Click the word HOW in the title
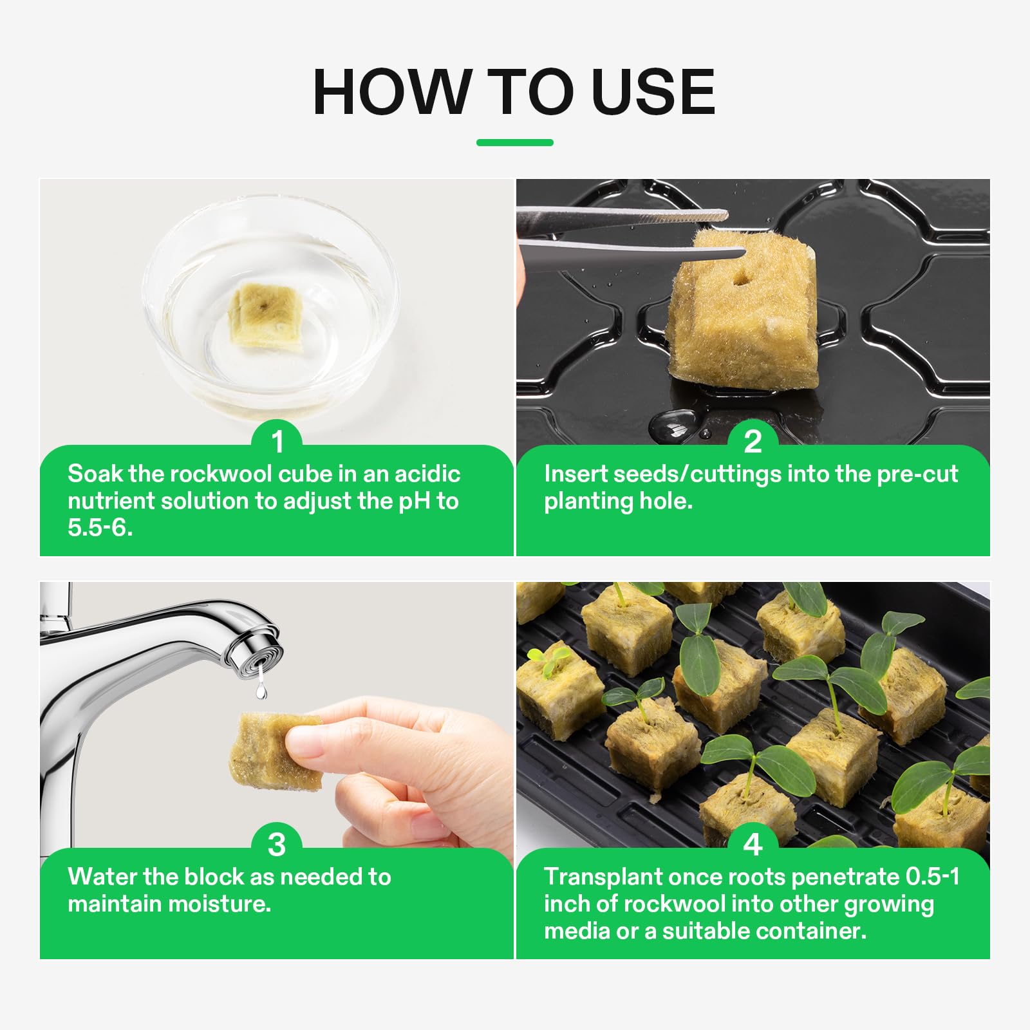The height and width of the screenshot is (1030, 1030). click(391, 92)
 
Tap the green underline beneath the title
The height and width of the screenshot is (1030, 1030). click(514, 142)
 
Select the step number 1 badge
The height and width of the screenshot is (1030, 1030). click(277, 442)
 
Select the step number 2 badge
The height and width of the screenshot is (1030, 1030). click(753, 442)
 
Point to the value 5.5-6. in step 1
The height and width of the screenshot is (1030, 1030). click(100, 528)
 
